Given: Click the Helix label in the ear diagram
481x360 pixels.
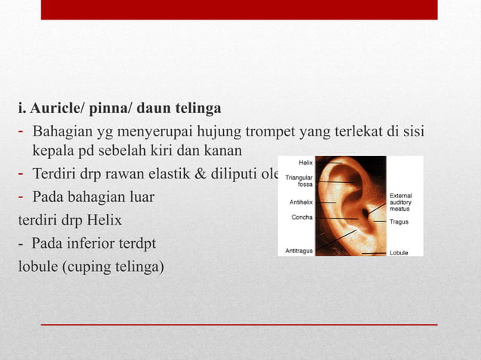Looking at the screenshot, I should coord(305,162).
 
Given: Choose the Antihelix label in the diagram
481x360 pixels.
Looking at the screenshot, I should coord(302,202).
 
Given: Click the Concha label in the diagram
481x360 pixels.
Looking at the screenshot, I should coord(302,217).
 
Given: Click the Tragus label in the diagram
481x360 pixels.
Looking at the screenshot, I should coord(399,222).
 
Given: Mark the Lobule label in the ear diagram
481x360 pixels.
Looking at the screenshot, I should coord(398,253).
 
